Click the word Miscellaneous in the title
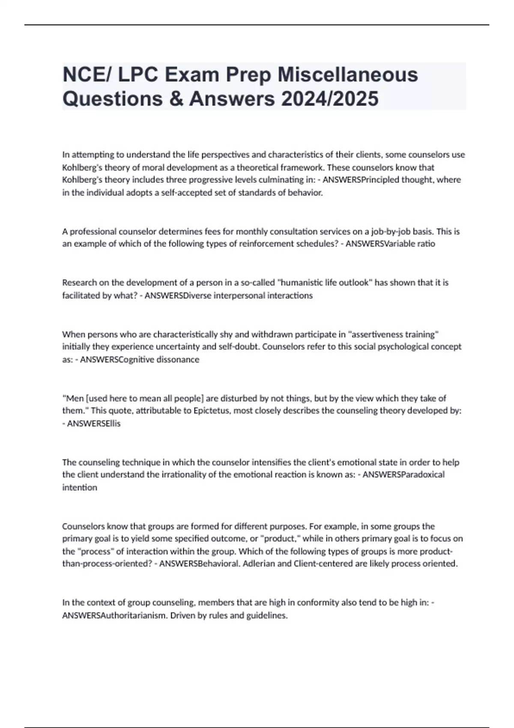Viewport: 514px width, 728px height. click(x=347, y=75)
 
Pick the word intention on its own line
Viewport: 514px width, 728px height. click(x=80, y=487)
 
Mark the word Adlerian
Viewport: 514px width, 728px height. click(x=259, y=564)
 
